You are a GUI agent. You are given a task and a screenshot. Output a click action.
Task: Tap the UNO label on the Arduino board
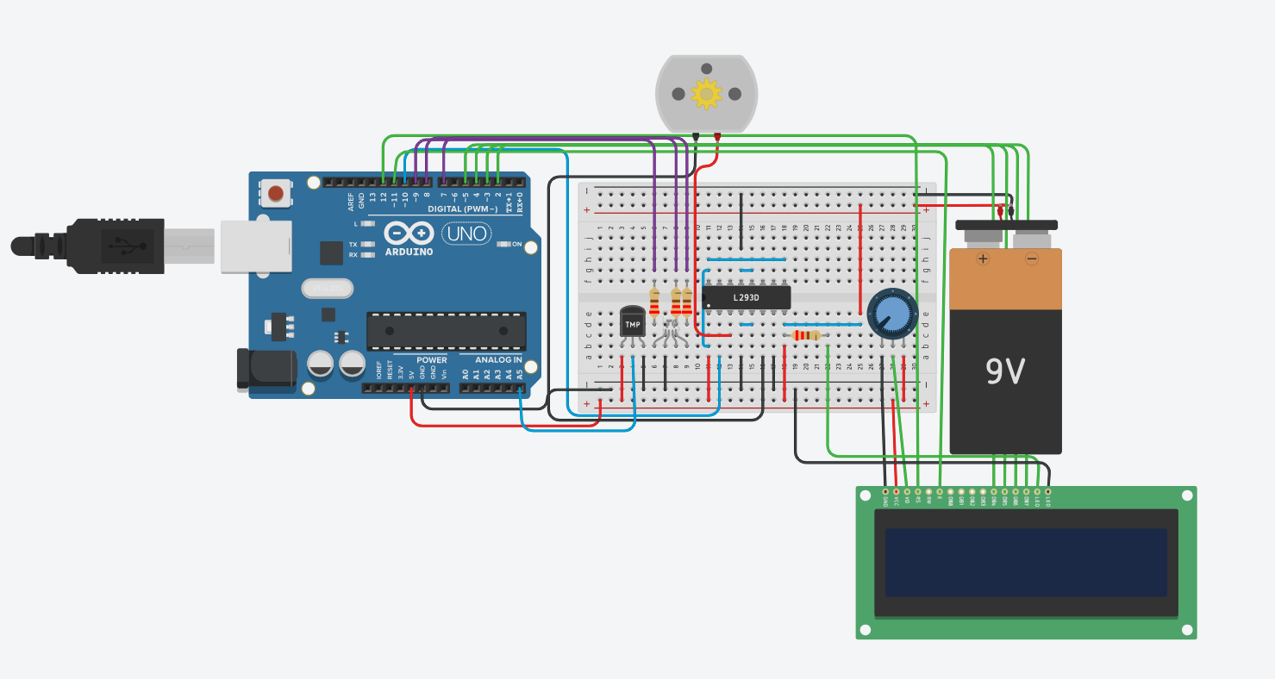(x=466, y=233)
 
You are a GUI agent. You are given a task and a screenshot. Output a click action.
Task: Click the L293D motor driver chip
(x=747, y=297)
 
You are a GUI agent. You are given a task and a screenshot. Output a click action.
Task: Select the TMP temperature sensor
(x=633, y=323)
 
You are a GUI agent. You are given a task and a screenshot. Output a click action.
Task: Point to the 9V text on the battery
(x=1005, y=371)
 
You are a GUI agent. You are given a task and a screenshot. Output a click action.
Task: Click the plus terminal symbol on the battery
(x=982, y=258)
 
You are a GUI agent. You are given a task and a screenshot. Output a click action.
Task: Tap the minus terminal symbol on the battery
(x=1031, y=258)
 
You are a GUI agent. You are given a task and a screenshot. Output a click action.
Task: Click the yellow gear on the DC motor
(x=706, y=93)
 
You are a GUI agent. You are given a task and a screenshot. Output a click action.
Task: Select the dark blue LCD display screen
(x=1026, y=562)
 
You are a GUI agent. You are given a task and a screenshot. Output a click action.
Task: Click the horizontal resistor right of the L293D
(x=806, y=335)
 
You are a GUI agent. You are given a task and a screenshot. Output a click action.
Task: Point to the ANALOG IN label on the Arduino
(x=499, y=360)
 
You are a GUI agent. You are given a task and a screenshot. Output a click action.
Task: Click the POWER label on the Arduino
(x=432, y=360)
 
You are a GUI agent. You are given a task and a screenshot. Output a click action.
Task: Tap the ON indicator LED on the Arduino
(x=505, y=244)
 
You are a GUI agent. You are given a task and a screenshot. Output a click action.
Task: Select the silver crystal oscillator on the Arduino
(x=327, y=287)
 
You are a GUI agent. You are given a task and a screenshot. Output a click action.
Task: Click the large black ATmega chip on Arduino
(x=446, y=331)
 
